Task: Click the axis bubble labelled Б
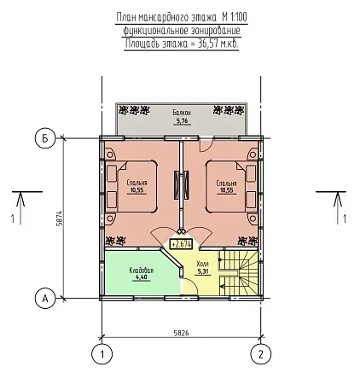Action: (x=44, y=139)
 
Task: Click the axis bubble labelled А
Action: (x=44, y=299)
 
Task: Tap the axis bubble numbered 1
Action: (x=102, y=354)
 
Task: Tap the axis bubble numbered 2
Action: (x=261, y=354)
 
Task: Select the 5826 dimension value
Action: (x=181, y=333)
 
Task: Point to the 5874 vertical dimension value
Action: (x=60, y=218)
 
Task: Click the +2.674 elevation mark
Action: (x=181, y=244)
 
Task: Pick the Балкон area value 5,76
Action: (x=182, y=121)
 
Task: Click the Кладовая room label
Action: (x=142, y=271)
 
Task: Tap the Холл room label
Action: (x=202, y=264)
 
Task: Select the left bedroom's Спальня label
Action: (x=137, y=183)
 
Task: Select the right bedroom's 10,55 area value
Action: (x=226, y=190)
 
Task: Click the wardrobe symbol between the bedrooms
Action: (x=181, y=185)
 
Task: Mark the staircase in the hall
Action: (x=238, y=273)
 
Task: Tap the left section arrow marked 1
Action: (x=20, y=208)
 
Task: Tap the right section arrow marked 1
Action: (x=338, y=208)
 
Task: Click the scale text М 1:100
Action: (x=235, y=18)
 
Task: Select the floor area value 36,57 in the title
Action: (x=207, y=44)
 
